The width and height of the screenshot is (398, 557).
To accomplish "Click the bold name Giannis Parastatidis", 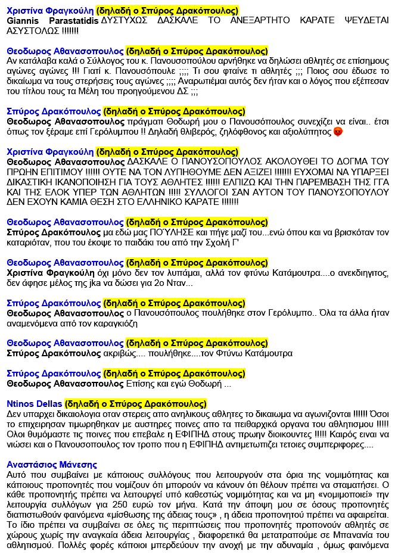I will pos(52,20).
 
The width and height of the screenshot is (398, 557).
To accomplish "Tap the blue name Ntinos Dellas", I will pos(33,403).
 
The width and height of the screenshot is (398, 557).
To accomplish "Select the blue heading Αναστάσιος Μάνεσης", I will pos(51,465).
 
